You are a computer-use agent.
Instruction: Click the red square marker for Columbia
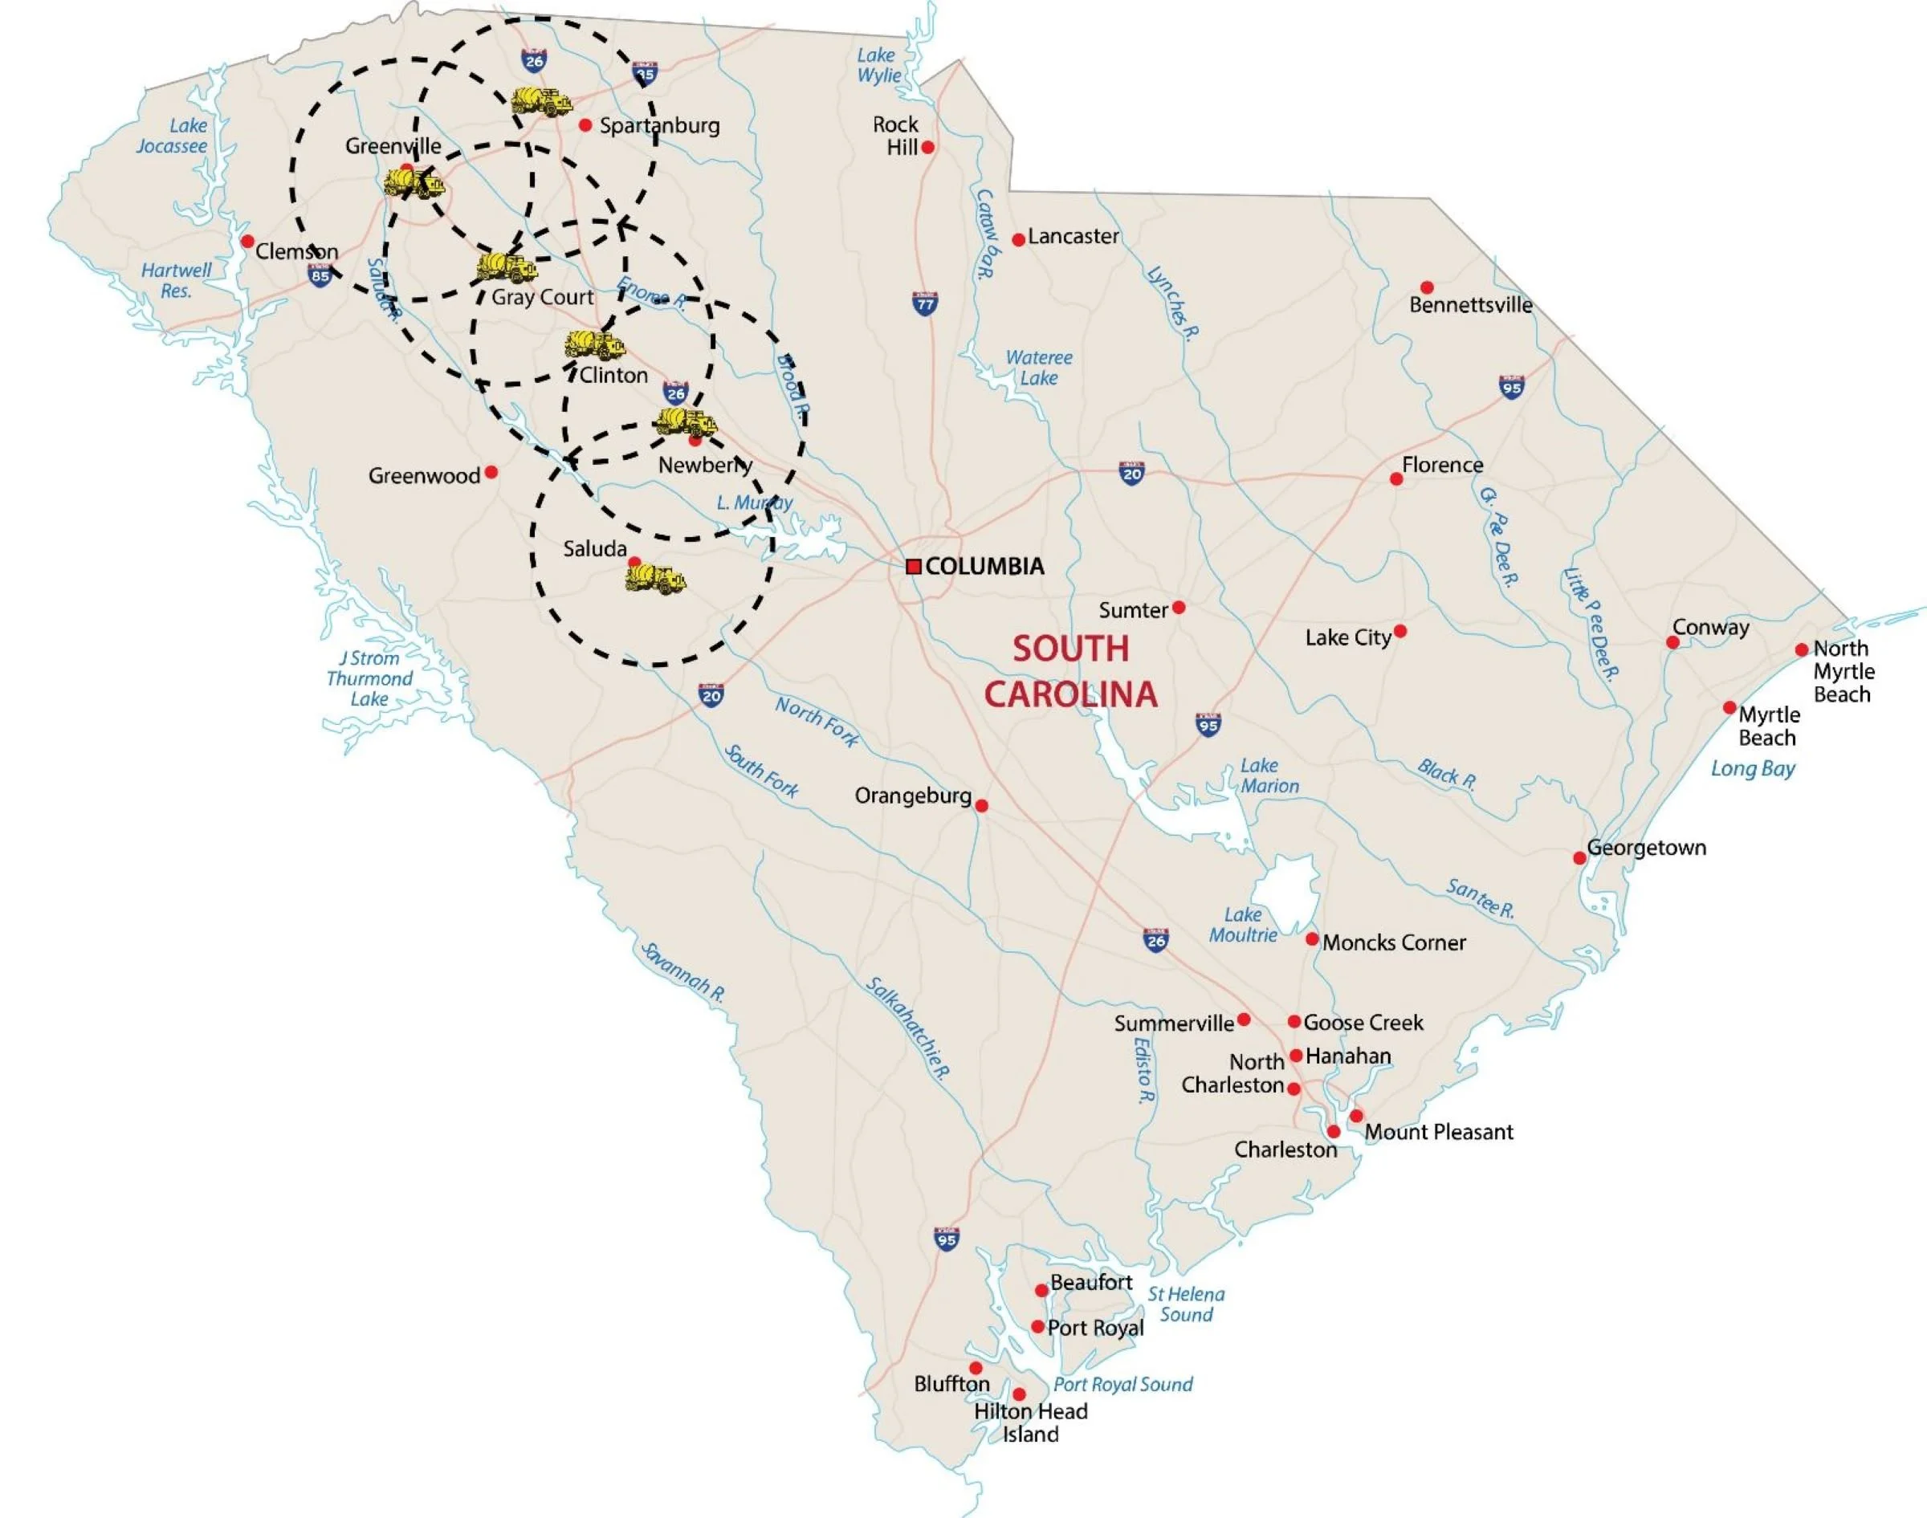pyautogui.click(x=913, y=566)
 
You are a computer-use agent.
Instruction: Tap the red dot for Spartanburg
pyautogui.click(x=585, y=125)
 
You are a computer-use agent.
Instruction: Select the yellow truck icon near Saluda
pyautogui.click(x=656, y=579)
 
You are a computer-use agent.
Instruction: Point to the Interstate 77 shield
pyautogui.click(x=925, y=304)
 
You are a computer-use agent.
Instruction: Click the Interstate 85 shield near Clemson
pyautogui.click(x=320, y=275)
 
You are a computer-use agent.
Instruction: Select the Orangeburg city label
pyautogui.click(x=913, y=796)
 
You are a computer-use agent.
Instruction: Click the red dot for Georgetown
pyautogui.click(x=1579, y=857)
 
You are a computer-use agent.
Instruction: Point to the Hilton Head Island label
pyautogui.click(x=1030, y=1422)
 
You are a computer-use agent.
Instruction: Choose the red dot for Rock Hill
pyautogui.click(x=927, y=148)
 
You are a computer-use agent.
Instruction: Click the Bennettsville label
pyautogui.click(x=1470, y=305)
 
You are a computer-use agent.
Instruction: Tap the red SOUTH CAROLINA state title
pyautogui.click(x=1071, y=671)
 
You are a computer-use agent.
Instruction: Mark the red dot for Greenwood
pyautogui.click(x=491, y=472)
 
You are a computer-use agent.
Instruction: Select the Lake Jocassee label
pyautogui.click(x=173, y=136)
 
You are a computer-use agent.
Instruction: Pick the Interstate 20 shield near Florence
pyautogui.click(x=1131, y=473)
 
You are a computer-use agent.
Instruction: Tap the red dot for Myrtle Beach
pyautogui.click(x=1729, y=707)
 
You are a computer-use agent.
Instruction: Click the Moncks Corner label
pyautogui.click(x=1394, y=942)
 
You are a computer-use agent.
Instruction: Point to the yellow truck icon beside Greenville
pyautogui.click(x=414, y=184)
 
